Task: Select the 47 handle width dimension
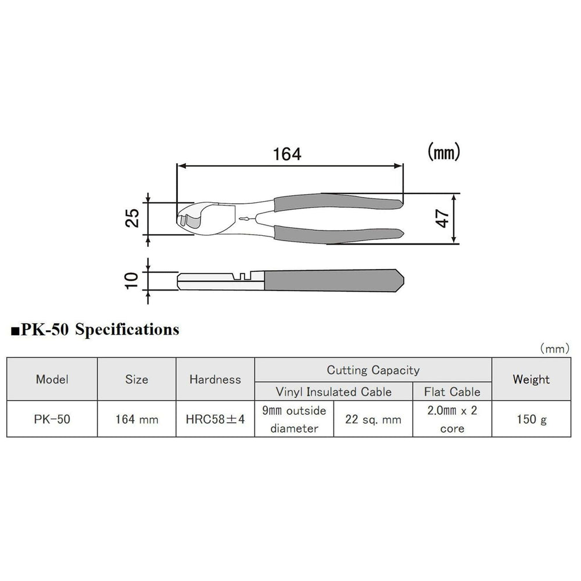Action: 443,218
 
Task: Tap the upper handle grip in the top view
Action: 337,199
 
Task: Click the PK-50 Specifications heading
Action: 95,330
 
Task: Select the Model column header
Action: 52,379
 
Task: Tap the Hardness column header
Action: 215,379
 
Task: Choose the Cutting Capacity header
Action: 373,370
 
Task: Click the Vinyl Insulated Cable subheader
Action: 333,391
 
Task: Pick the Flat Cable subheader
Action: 452,391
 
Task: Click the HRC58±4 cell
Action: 215,419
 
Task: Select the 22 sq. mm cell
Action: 373,419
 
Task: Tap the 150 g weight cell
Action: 531,419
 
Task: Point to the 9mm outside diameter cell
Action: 294,419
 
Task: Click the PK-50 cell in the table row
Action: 52,419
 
